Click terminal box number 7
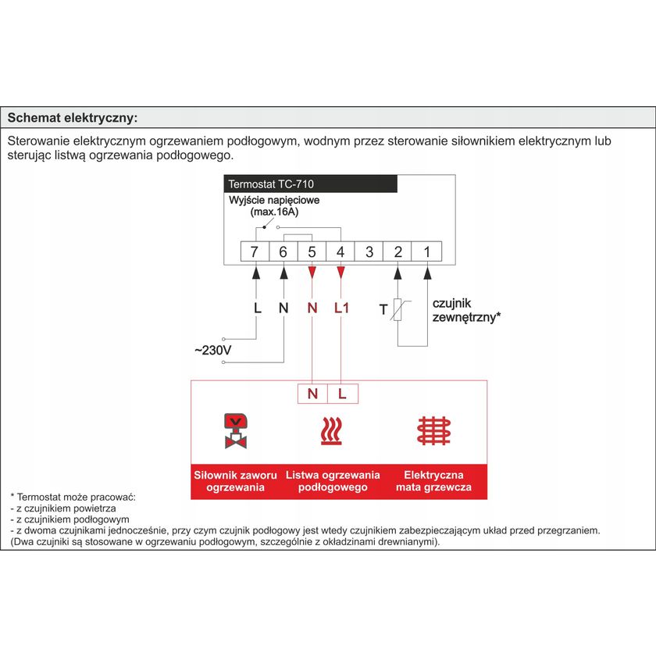[x=255, y=251]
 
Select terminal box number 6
[x=283, y=251]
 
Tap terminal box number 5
[x=312, y=251]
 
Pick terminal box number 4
[x=341, y=251]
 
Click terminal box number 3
[x=369, y=251]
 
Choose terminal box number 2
[x=398, y=251]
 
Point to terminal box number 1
[x=427, y=251]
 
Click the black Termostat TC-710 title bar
[x=311, y=185]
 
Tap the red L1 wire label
[x=341, y=308]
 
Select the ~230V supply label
[x=212, y=351]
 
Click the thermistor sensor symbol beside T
[x=398, y=309]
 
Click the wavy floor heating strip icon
[x=331, y=431]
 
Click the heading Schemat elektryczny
[x=72, y=118]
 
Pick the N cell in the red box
[x=312, y=394]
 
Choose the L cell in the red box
[x=342, y=394]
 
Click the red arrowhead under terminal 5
[x=312, y=273]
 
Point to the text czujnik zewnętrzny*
[x=465, y=310]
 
